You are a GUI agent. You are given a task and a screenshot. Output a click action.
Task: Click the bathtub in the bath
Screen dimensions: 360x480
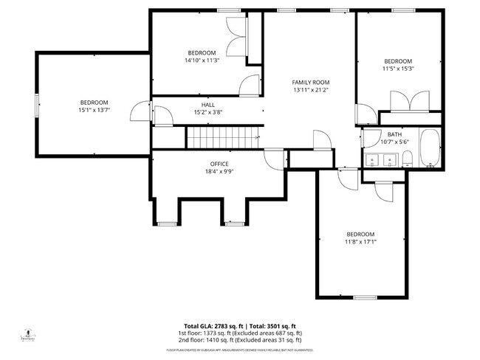click(x=430, y=148)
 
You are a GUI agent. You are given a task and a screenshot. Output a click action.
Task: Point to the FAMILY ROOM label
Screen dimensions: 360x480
click(x=310, y=83)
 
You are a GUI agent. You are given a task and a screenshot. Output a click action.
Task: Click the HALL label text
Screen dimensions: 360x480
click(x=208, y=105)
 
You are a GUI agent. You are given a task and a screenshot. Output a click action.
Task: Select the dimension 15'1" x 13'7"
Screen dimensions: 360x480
click(x=94, y=110)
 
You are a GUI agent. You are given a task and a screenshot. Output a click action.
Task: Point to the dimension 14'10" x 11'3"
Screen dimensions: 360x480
click(x=202, y=60)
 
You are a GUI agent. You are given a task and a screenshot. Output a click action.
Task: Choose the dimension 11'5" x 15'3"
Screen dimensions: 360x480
click(x=398, y=69)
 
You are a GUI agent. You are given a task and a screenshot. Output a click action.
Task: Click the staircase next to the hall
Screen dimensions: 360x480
click(x=222, y=137)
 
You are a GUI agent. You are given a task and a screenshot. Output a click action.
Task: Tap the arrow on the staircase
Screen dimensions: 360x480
click(x=256, y=136)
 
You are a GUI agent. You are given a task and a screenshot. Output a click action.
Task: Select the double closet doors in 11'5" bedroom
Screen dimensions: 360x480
click(x=411, y=100)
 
